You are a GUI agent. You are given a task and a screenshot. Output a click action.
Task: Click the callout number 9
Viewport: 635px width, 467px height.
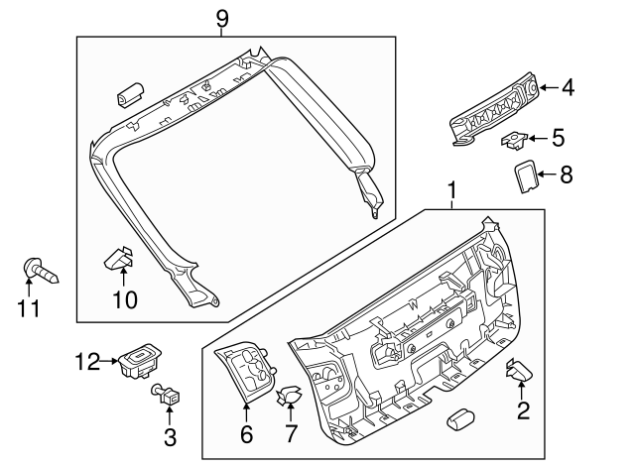[x=221, y=17]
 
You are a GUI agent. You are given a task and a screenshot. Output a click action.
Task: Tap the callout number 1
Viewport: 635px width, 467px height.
[x=451, y=188]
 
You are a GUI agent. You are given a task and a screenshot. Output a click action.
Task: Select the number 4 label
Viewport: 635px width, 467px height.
[x=567, y=88]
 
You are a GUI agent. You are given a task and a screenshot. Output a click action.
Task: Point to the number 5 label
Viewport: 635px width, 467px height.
[x=558, y=137]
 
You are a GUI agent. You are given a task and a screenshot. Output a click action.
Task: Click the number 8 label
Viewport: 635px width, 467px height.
[x=567, y=175]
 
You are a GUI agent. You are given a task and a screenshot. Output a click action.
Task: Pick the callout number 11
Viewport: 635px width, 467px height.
[x=29, y=308]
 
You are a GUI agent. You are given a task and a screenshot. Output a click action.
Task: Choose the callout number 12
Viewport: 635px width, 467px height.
[x=85, y=361]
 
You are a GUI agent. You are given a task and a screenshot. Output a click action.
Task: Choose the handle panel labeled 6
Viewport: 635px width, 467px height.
[x=246, y=375]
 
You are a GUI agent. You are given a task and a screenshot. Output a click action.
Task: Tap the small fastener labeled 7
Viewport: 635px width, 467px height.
[x=290, y=396]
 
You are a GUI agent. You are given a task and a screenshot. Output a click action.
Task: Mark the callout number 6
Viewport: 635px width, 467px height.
[x=246, y=434]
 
